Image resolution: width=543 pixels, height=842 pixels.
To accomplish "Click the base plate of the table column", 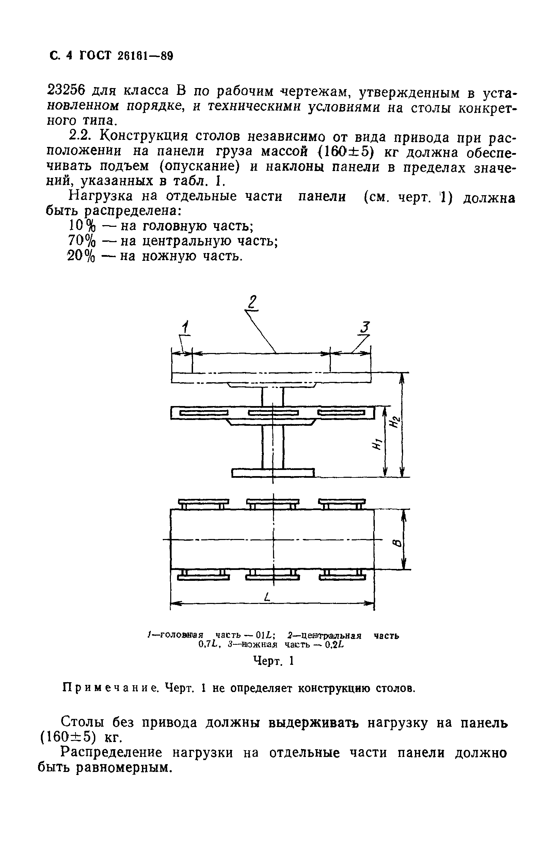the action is coord(273,472).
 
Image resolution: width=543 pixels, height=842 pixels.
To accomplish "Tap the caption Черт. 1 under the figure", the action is coord(274,661).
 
